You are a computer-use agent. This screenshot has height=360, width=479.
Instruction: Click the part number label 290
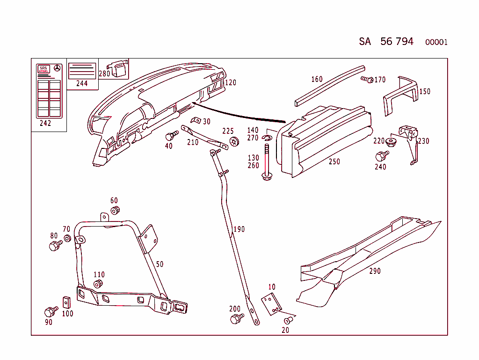pyautogui.click(x=375, y=271)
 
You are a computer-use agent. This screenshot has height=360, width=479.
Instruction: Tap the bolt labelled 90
pyautogui.click(x=50, y=311)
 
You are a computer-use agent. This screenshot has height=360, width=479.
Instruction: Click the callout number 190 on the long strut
pyautogui.click(x=239, y=229)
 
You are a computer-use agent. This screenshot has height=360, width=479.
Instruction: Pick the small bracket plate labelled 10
pyautogui.click(x=271, y=303)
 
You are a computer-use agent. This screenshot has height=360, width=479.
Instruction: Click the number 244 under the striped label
pyautogui.click(x=82, y=84)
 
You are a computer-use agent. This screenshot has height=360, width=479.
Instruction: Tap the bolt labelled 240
pyautogui.click(x=382, y=155)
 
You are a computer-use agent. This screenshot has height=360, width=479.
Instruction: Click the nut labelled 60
pyautogui.click(x=116, y=210)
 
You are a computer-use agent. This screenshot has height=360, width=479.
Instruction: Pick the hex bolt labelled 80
pyautogui.click(x=55, y=245)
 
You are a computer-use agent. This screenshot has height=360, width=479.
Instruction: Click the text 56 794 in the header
pyautogui.click(x=397, y=42)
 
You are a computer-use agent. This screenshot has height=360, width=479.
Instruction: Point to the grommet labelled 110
pyautogui.click(x=98, y=284)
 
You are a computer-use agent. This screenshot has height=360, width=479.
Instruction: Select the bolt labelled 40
pyautogui.click(x=171, y=136)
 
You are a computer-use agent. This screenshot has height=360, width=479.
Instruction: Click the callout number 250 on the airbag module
pyautogui.click(x=334, y=162)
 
